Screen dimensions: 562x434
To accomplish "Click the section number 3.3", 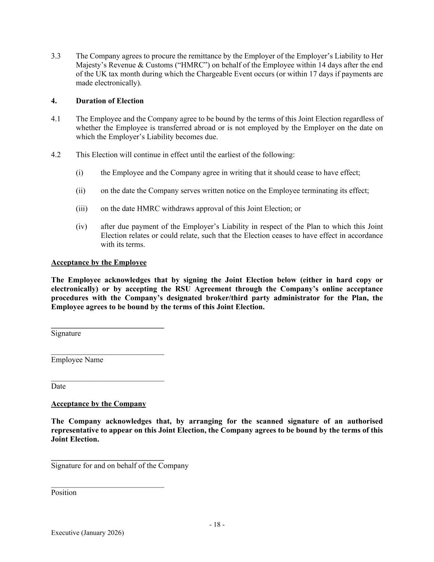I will pyautogui.click(x=56, y=56).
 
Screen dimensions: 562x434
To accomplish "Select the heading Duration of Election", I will pyautogui.click(x=109, y=101).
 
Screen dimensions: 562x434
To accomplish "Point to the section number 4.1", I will pyautogui.click(x=56, y=119).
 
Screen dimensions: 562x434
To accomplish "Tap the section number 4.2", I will pyautogui.click(x=56, y=155).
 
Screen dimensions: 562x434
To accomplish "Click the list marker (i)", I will pyautogui.click(x=79, y=173).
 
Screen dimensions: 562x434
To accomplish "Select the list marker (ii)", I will pyautogui.click(x=81, y=191).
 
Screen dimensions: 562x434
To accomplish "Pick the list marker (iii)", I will pyautogui.click(x=81, y=209).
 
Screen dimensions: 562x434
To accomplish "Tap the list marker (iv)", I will pyautogui.click(x=81, y=226).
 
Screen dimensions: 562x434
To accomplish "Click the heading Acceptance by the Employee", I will pyautogui.click(x=99, y=262).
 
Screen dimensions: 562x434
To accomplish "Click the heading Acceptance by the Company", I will pyautogui.click(x=98, y=403).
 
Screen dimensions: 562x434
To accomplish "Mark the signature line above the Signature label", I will pyautogui.click(x=107, y=328).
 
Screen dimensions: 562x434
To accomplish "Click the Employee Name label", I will pyautogui.click(x=77, y=360).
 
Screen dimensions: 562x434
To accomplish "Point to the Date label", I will pyautogui.click(x=58, y=386).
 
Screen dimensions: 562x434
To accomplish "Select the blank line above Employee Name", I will pyautogui.click(x=107, y=354).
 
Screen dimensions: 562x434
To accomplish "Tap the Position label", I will pyautogui.click(x=64, y=492).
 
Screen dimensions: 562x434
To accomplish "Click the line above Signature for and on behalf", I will pyautogui.click(x=107, y=460).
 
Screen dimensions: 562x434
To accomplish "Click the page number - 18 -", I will pyautogui.click(x=217, y=525).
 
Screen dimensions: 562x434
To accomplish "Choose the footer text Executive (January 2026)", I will pyautogui.click(x=87, y=533).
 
